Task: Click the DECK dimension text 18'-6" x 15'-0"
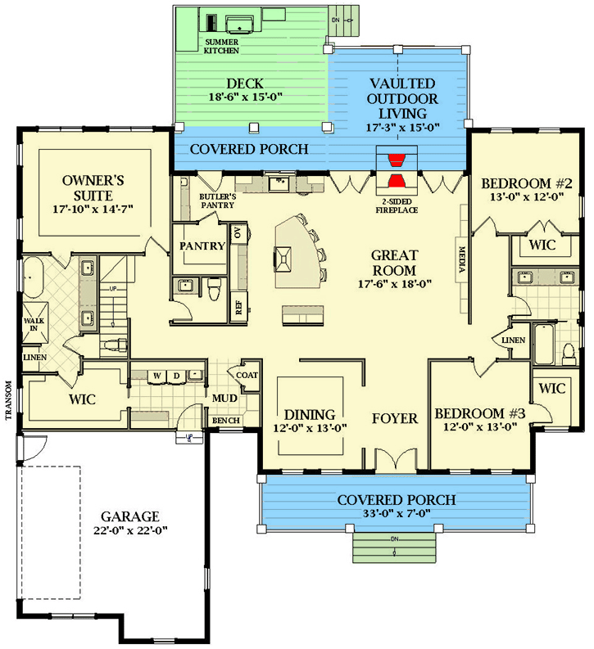[x=253, y=97]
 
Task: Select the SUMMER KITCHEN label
[x=221, y=46]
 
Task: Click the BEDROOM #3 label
[x=479, y=413]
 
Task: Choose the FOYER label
[x=395, y=418]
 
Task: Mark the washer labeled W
[x=155, y=376]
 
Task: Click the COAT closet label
[x=248, y=376]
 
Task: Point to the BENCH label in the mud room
[x=224, y=421]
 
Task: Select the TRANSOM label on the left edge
[x=7, y=400]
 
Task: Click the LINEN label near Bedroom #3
[x=512, y=339]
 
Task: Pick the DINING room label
[x=311, y=413]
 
